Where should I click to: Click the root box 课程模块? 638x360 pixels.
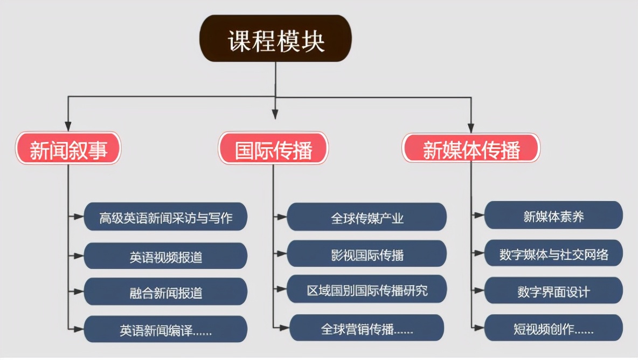[275, 38]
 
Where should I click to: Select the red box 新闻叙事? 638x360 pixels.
[68, 148]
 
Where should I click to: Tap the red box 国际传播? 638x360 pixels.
[273, 148]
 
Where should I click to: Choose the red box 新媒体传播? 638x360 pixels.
[471, 148]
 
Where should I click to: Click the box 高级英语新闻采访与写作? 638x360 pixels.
[165, 217]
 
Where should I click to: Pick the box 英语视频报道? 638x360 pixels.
[165, 256]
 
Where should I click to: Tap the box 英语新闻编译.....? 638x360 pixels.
[165, 329]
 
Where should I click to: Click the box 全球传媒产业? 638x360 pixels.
[366, 217]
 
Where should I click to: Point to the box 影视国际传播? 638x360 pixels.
[366, 254]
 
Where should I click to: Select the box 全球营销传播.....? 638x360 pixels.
[366, 328]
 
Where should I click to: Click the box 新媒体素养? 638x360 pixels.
[553, 216]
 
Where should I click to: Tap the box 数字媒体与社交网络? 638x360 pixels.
[553, 254]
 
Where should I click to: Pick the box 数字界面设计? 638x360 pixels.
[553, 291]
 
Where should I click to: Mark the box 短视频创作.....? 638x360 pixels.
[553, 328]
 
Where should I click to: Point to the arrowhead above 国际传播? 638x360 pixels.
[275, 114]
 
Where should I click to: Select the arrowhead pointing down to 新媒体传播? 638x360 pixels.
[470, 126]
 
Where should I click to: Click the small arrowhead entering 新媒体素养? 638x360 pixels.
[480, 215]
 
